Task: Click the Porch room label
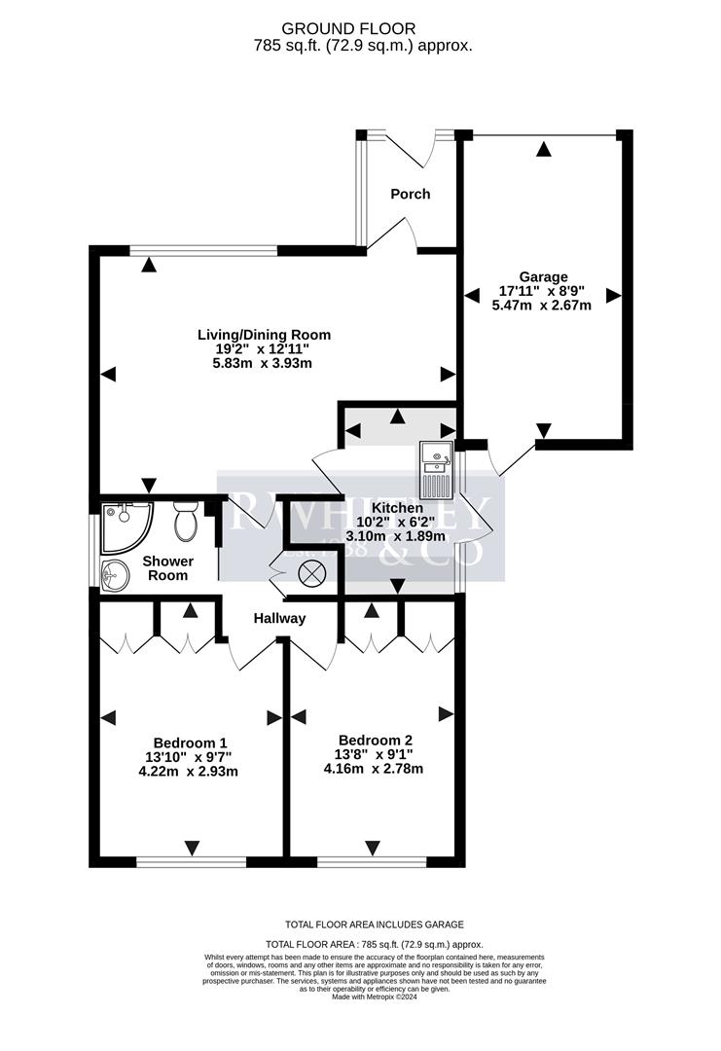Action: (x=411, y=194)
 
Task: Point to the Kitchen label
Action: (x=397, y=508)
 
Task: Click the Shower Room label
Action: (x=168, y=568)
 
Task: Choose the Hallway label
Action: (x=280, y=618)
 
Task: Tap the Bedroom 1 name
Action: (x=183, y=743)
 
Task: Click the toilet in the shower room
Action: (x=186, y=523)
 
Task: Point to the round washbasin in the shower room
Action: (x=114, y=575)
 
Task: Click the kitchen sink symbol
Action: (x=435, y=468)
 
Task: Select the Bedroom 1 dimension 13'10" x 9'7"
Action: (x=183, y=757)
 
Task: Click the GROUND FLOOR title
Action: (x=361, y=29)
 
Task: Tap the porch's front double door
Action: (x=411, y=146)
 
